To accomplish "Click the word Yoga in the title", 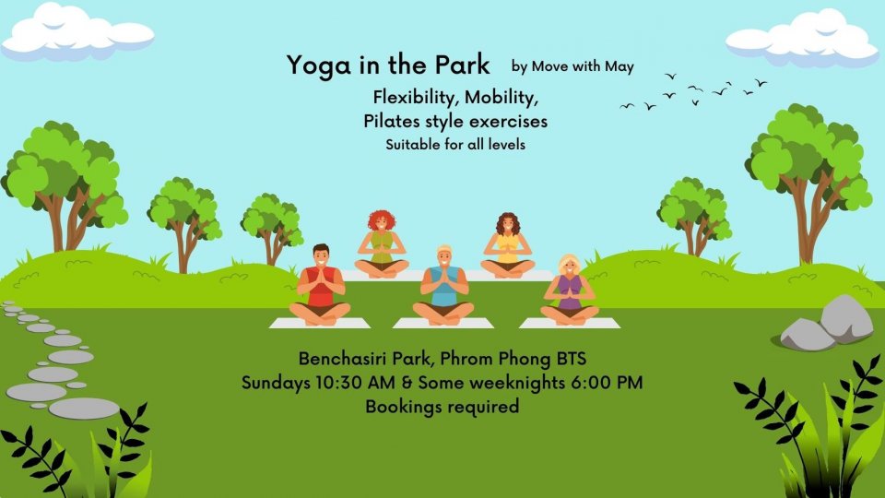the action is (319, 65).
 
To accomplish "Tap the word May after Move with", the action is (619, 67).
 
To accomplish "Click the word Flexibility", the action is (414, 98).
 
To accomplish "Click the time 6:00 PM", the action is (607, 382).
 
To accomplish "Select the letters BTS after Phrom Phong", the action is (572, 359).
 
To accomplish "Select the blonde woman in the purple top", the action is (570, 290).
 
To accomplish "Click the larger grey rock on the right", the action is (846, 319).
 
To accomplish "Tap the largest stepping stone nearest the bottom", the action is (84, 409).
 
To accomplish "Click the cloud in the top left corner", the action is (77, 32).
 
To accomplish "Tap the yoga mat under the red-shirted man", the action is (320, 323).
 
